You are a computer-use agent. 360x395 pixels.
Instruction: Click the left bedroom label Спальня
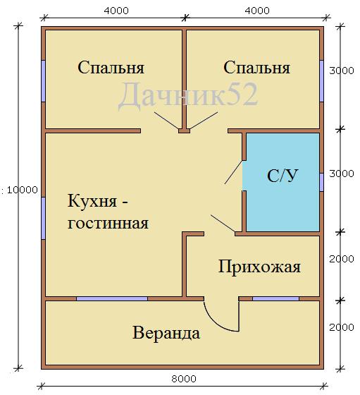[111, 68]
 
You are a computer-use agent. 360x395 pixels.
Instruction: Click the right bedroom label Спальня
[257, 68]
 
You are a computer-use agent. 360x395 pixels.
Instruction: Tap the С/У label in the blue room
[283, 176]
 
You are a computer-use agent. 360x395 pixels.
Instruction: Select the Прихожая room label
[259, 267]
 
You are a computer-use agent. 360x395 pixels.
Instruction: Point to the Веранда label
[166, 333]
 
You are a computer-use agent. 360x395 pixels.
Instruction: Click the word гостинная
[108, 223]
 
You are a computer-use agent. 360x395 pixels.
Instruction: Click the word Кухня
[92, 201]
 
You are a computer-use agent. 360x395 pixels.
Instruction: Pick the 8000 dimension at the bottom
[184, 379]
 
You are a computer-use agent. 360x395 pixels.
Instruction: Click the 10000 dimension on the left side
[22, 190]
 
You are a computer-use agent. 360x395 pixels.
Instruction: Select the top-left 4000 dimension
[116, 11]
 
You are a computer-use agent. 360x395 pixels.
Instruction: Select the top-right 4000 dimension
[257, 11]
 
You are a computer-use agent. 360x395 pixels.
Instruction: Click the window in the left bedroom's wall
[43, 81]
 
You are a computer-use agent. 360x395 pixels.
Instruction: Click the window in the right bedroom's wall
[321, 81]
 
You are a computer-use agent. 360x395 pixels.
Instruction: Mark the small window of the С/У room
[321, 182]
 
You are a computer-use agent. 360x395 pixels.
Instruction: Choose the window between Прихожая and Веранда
[275, 298]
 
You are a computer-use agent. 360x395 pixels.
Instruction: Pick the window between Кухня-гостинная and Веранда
[112, 298]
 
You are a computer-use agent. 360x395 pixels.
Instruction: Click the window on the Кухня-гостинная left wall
[43, 218]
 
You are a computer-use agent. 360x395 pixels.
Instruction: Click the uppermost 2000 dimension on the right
[342, 259]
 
